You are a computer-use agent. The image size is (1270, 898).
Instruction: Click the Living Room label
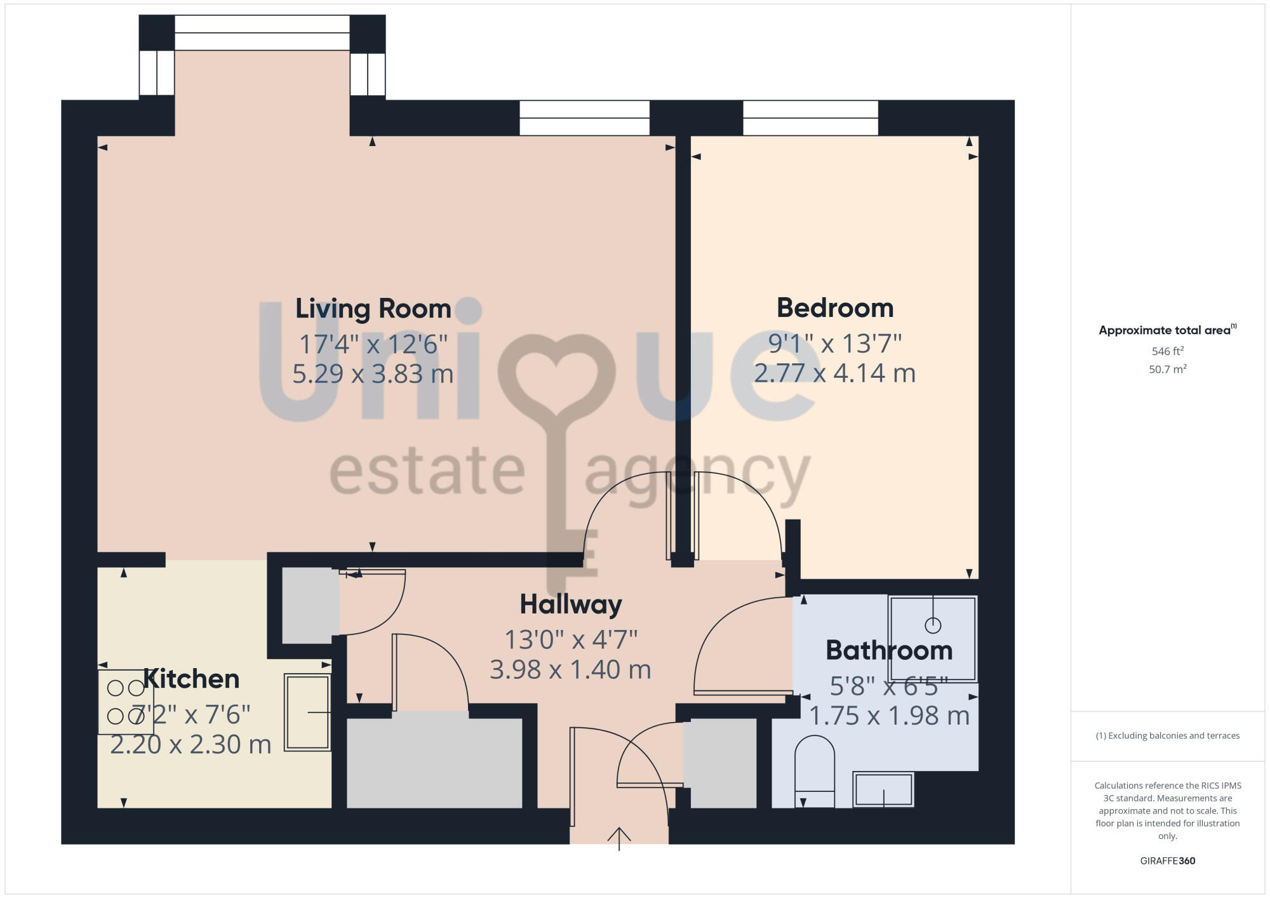pyautogui.click(x=373, y=309)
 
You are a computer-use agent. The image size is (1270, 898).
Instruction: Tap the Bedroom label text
pyautogui.click(x=834, y=308)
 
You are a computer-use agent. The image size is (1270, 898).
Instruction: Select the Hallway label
pyautogui.click(x=570, y=604)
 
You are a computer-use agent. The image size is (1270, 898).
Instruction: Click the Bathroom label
pyautogui.click(x=888, y=650)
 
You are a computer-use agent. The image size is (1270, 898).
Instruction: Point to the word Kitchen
pyautogui.click(x=191, y=679)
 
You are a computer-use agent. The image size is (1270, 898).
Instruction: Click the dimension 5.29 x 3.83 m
pyautogui.click(x=373, y=373)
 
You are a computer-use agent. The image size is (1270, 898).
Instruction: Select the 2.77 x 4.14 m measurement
pyautogui.click(x=834, y=373)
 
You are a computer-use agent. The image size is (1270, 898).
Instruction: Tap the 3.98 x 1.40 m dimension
pyautogui.click(x=570, y=669)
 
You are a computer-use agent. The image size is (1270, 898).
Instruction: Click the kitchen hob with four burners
pyautogui.click(x=126, y=702)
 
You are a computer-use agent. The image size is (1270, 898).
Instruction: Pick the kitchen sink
pyautogui.click(x=307, y=713)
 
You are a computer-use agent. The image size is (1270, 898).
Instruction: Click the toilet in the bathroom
pyautogui.click(x=814, y=770)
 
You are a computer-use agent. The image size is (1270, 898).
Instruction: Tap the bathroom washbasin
pyautogui.click(x=883, y=789)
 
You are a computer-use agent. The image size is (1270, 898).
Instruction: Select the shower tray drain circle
pyautogui.click(x=932, y=626)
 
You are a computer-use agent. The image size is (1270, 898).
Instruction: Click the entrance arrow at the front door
pyautogui.click(x=618, y=838)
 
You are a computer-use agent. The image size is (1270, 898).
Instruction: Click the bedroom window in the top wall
pyautogui.click(x=810, y=118)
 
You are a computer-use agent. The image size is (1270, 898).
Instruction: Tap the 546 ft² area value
pyautogui.click(x=1167, y=351)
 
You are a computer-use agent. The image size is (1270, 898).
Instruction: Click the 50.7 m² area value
pyautogui.click(x=1167, y=369)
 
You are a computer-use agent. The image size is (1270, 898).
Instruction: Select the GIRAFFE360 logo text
pyautogui.click(x=1167, y=861)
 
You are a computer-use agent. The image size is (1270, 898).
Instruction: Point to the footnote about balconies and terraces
pyautogui.click(x=1167, y=735)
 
